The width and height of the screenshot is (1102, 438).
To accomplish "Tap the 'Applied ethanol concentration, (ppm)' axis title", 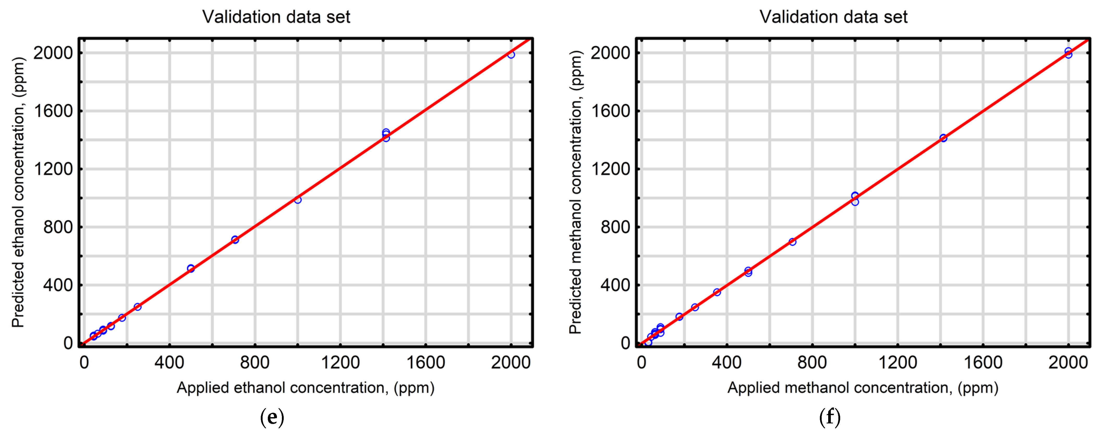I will coord(305,387).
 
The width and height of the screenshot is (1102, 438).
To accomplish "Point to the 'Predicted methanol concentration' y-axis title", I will coord(576,192).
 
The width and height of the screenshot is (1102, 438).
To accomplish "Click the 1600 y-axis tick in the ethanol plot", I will coord(53,111).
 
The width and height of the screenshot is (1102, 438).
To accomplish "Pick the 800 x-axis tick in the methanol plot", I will coord(812,363).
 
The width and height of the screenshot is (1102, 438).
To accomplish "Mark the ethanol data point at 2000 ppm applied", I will coord(511,55).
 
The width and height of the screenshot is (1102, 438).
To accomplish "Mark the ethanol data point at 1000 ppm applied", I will coord(298,200).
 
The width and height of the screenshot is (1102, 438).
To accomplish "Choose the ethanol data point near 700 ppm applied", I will coord(235,240).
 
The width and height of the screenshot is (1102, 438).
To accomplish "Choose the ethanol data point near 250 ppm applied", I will coord(137,307).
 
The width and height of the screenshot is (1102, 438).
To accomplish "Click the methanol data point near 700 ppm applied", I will coord(792,242).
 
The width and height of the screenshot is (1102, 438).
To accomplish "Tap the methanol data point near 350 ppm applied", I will coord(717,292).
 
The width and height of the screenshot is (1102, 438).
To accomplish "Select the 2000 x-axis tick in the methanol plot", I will coord(1068,363).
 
